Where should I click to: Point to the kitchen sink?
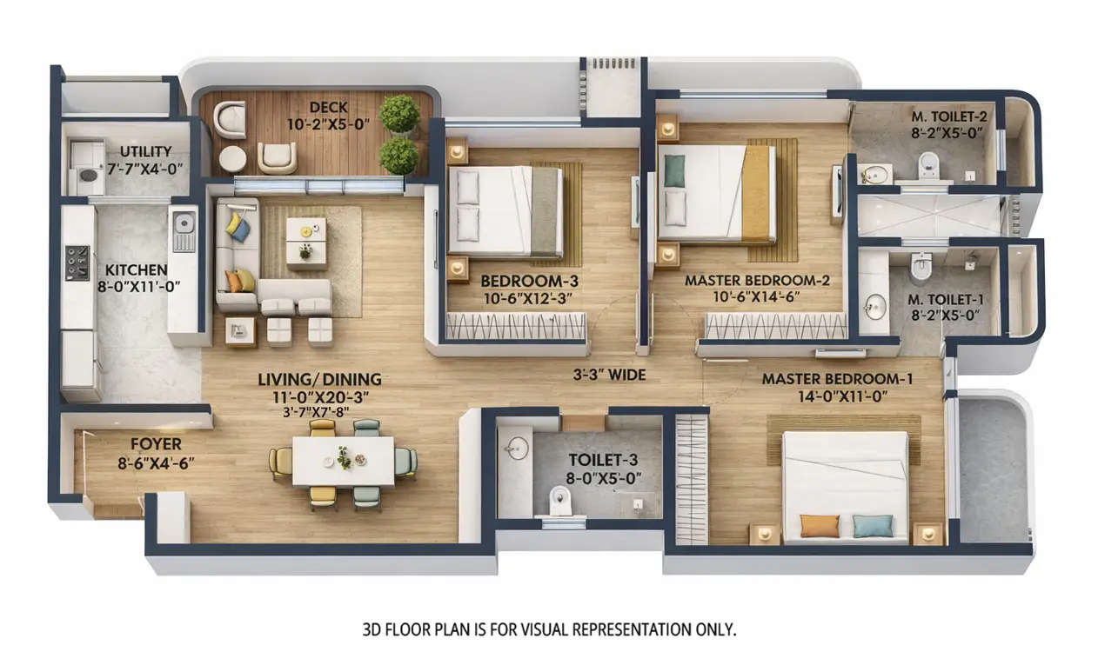184,230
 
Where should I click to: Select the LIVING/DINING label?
319,380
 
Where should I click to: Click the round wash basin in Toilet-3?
517,447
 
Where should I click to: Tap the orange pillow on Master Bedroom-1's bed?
819,525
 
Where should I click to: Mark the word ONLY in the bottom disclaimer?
715,628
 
